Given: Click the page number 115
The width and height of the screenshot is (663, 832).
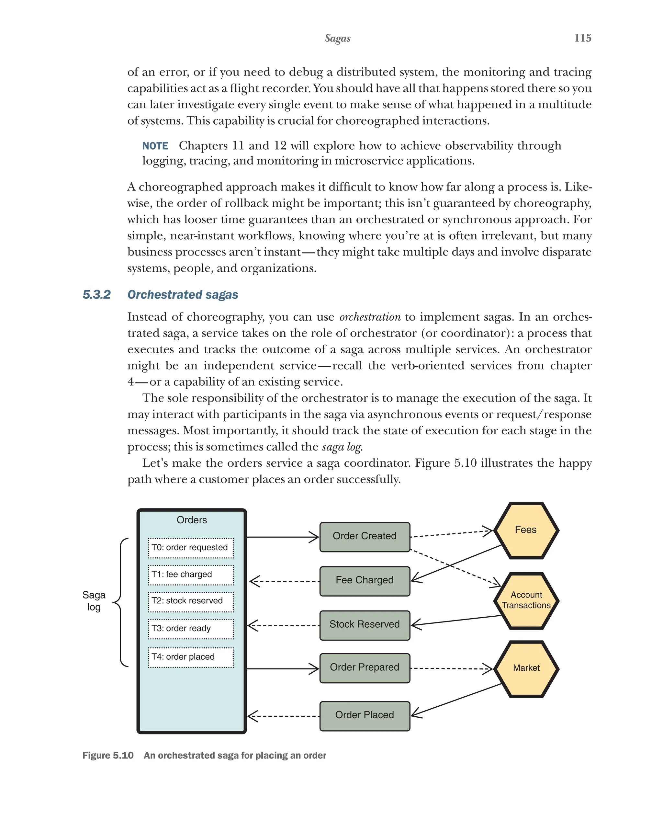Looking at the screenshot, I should (x=582, y=38).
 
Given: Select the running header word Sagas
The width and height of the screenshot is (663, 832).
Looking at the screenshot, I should (x=337, y=38).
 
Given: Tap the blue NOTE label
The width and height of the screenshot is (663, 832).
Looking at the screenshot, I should (x=155, y=146).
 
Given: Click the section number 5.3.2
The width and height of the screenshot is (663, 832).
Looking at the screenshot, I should (x=96, y=294).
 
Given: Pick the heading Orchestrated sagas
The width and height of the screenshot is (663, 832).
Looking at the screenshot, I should (x=183, y=294).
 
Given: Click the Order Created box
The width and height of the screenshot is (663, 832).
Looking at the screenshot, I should (x=365, y=536).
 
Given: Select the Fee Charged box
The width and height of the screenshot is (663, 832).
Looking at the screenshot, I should (x=365, y=580).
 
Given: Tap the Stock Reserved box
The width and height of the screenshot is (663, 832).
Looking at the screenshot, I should (x=365, y=624).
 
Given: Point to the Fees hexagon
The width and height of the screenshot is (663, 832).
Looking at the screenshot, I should (x=526, y=530).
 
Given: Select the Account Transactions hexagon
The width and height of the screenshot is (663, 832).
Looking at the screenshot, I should (x=526, y=600).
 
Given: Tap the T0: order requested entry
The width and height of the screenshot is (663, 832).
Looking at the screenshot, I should (x=191, y=548).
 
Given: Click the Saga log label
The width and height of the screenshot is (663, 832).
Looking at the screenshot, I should (x=94, y=601).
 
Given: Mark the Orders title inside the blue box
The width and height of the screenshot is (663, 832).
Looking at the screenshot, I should (x=192, y=520).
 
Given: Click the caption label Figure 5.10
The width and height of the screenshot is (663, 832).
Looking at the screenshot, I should (x=108, y=756).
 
